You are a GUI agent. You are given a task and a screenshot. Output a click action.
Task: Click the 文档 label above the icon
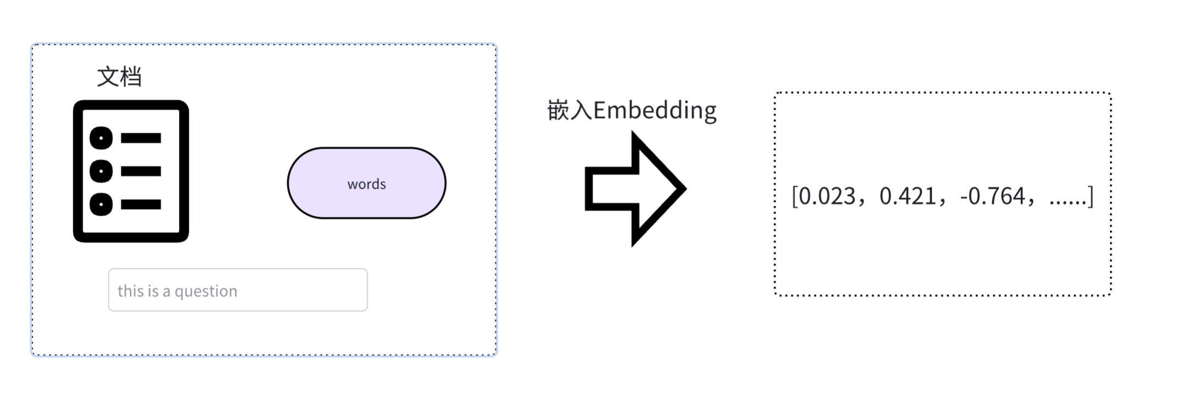pos(120,77)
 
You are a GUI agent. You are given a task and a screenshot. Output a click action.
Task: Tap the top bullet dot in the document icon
pos(101,138)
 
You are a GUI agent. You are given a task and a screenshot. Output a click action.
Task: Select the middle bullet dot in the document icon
pos(101,171)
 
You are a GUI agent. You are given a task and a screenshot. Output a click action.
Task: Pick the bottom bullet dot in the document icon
pos(101,205)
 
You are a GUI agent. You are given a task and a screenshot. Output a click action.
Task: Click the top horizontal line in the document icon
pos(141,138)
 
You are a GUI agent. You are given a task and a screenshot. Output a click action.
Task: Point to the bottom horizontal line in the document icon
pos(141,205)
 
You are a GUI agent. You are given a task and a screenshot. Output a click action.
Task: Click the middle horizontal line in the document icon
pos(141,171)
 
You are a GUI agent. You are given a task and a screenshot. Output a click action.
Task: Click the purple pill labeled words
pos(366,183)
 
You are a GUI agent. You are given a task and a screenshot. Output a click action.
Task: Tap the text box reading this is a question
pos(238,290)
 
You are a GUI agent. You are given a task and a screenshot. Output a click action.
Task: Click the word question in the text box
pos(206,291)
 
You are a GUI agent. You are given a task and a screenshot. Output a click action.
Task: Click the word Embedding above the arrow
pos(655,110)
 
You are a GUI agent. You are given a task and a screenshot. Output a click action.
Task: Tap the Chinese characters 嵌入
pos(570,110)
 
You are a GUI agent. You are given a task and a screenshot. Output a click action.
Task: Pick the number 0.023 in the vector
pos(827,196)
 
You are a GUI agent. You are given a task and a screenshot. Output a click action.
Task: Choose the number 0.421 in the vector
pos(907,196)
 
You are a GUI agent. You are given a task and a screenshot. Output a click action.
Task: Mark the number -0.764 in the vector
pos(992,196)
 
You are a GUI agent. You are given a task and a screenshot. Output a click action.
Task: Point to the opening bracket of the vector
pos(794,196)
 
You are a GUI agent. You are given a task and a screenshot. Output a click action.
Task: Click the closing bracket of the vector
pos(1091,196)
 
